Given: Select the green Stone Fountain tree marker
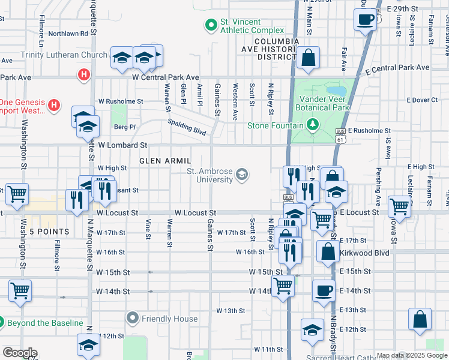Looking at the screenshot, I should click(312, 125).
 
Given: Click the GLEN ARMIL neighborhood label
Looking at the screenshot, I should click(164, 161).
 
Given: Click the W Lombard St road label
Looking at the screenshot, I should click(122, 145).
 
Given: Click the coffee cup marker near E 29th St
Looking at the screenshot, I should click(365, 20).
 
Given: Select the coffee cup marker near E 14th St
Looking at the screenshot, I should click(324, 291).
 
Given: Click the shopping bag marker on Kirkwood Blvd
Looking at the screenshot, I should click(327, 252).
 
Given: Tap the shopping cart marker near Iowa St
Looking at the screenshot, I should click(399, 207).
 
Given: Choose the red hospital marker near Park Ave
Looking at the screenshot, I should click(83, 75).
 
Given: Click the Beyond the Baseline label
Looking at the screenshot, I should click(45, 323).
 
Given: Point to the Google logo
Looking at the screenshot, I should click(20, 353).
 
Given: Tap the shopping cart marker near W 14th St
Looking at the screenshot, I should click(282, 285).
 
